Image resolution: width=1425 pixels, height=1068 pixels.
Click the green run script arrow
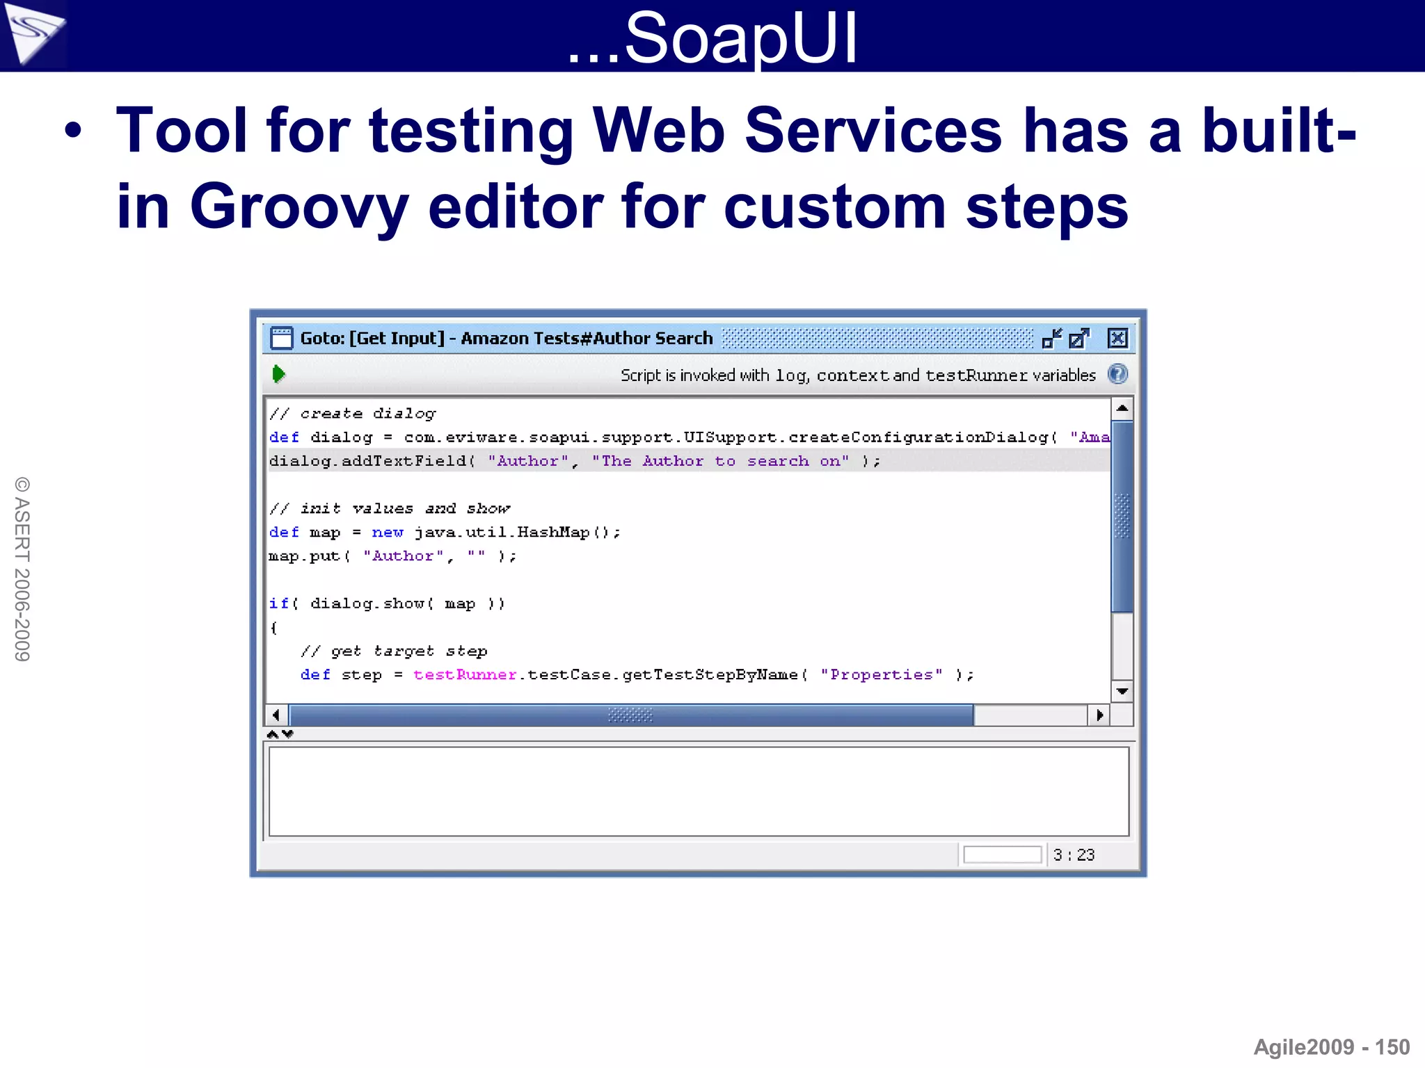tap(278, 374)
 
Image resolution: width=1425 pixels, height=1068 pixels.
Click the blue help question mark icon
tap(1117, 374)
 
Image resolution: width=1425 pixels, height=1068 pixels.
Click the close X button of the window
tap(1117, 339)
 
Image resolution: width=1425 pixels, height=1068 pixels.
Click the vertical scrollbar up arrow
tap(1122, 408)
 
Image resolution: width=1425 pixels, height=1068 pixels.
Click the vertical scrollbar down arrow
tap(1122, 691)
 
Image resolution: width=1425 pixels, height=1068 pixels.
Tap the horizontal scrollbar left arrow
tap(276, 715)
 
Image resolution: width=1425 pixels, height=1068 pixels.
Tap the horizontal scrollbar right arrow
tap(1099, 715)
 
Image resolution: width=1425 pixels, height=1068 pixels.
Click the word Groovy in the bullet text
tap(299, 207)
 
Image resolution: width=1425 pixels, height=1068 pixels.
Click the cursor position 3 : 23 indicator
tap(1074, 855)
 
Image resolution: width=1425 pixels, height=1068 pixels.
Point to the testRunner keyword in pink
tap(465, 674)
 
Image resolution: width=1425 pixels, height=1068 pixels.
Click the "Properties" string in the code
tap(881, 674)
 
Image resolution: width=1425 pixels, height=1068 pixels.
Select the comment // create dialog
tap(352, 414)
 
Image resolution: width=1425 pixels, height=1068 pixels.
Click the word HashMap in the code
tap(553, 533)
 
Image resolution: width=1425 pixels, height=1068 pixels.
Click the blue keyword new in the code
tap(388, 533)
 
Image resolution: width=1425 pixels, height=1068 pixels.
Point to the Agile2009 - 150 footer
tap(1331, 1047)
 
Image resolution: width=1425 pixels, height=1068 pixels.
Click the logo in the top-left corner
tap(33, 33)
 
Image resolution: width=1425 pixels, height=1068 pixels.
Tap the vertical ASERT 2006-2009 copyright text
tap(22, 569)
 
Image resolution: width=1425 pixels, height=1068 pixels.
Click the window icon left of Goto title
tap(281, 339)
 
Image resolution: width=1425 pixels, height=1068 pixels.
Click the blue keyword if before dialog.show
tap(279, 604)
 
